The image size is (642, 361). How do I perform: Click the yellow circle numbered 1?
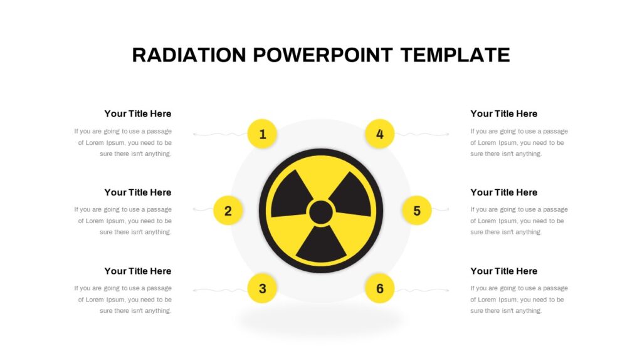coord(262,134)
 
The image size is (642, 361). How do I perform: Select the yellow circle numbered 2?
coord(228,211)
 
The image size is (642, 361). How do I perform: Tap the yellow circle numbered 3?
coord(262,288)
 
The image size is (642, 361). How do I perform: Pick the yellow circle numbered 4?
coord(379,134)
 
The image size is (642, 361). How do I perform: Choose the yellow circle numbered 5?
coord(417,211)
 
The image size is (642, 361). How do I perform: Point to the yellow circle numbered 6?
coord(379,288)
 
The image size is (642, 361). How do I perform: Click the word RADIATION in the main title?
coord(189,55)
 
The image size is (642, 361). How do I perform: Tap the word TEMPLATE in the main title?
coord(455,55)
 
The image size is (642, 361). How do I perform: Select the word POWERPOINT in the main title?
coord(323,55)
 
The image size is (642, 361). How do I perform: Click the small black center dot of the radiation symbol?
coord(321,212)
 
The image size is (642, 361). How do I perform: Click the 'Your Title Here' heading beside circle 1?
coord(137,114)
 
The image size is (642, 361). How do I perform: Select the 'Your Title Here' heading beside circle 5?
coord(503,192)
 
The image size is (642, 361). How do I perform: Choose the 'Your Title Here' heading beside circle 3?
coord(137,271)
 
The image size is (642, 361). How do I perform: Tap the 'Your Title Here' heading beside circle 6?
coord(503,271)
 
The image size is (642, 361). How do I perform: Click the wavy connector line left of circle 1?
coord(220,134)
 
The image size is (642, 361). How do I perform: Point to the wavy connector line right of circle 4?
coord(422,134)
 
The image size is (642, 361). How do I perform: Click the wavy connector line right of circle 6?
coord(422,290)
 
